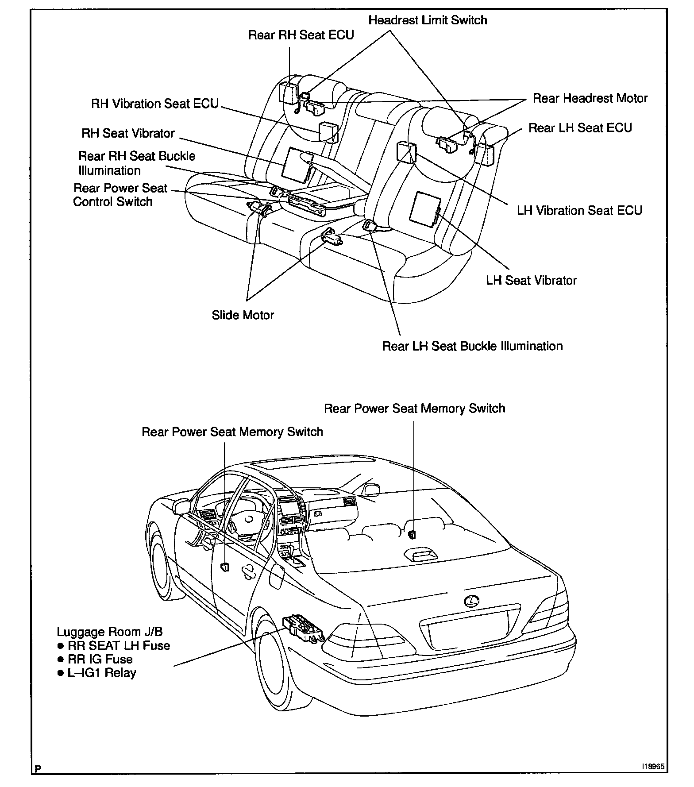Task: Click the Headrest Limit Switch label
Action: pyautogui.click(x=428, y=20)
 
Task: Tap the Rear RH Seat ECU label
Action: pyautogui.click(x=301, y=35)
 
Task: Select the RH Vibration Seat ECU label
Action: pyautogui.click(x=155, y=104)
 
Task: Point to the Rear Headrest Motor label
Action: pyautogui.click(x=590, y=98)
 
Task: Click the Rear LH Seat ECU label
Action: pyautogui.click(x=580, y=128)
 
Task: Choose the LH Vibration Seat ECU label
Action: pyautogui.click(x=579, y=210)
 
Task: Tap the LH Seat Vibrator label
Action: pyautogui.click(x=531, y=280)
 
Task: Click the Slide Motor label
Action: pyautogui.click(x=243, y=315)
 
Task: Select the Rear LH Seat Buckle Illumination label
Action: pyautogui.click(x=472, y=346)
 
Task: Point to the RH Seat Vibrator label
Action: pyautogui.click(x=128, y=133)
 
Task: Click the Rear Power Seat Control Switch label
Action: pyautogui.click(x=120, y=195)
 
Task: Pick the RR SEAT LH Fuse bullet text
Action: pyautogui.click(x=119, y=646)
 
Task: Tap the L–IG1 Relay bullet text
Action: pyautogui.click(x=102, y=673)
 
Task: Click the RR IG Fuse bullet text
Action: pyautogui.click(x=100, y=659)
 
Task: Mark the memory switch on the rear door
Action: pyautogui.click(x=225, y=566)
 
